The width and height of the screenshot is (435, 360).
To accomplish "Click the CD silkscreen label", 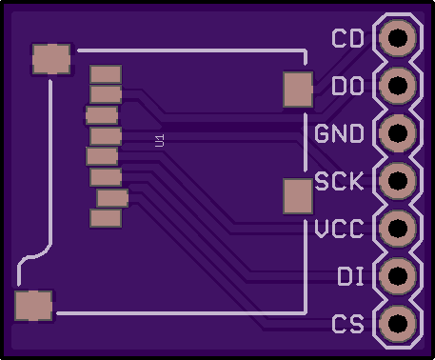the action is pos(347,38).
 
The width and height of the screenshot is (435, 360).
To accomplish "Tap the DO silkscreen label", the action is pos(347,86).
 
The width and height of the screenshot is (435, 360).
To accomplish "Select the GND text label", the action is pos(339,133).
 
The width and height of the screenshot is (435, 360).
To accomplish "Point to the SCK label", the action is pos(339,181).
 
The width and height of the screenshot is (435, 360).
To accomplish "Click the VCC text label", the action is pos(339,229).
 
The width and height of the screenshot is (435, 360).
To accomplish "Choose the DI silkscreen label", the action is pos(350,276).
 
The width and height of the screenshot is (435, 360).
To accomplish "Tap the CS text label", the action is pos(347,324).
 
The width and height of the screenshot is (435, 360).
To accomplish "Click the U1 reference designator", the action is pos(160,140).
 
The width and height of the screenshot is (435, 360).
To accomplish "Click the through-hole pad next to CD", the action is pos(398,38).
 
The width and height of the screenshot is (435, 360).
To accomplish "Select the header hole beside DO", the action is pos(398,86).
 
